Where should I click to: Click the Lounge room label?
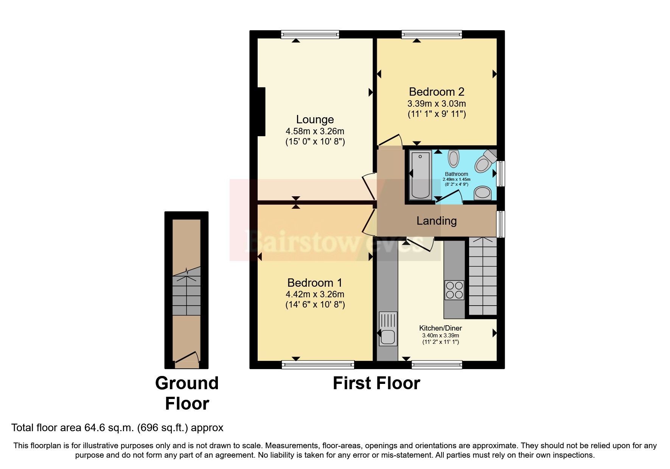click(x=315, y=120)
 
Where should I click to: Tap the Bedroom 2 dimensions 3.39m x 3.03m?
click(x=436, y=104)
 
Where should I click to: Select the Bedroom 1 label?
click(x=315, y=283)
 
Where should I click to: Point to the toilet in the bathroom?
click(x=485, y=162)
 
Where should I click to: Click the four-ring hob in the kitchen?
click(x=454, y=290)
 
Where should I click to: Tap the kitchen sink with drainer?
click(x=388, y=328)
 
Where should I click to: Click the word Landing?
click(x=436, y=221)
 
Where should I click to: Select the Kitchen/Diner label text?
click(x=440, y=328)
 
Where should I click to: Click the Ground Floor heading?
click(x=187, y=393)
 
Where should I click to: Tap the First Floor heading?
click(x=376, y=383)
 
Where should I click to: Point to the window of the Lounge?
click(x=310, y=34)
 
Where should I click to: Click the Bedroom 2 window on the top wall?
click(x=432, y=34)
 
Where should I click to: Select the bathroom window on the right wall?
click(x=501, y=174)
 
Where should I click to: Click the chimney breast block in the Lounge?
click(x=261, y=112)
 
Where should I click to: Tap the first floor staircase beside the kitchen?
click(x=482, y=276)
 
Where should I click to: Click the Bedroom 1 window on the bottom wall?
click(x=318, y=365)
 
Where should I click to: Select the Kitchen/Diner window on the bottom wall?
click(x=437, y=365)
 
